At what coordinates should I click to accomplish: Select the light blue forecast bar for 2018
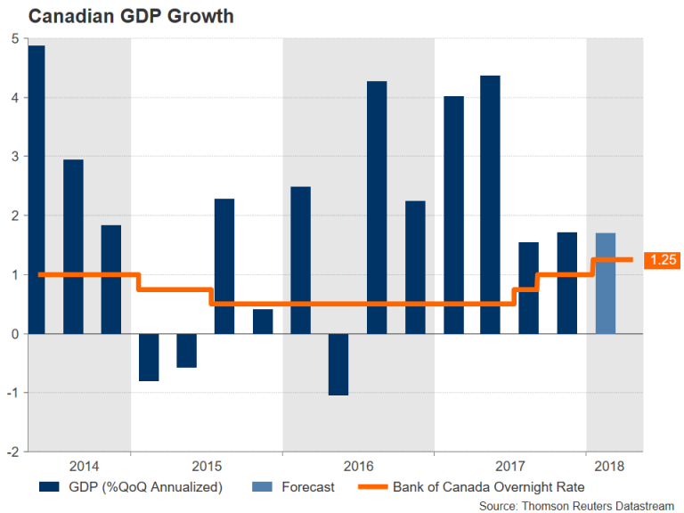tap(606, 282)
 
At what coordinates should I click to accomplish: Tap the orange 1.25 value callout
tap(662, 260)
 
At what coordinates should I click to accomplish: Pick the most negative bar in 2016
tap(338, 364)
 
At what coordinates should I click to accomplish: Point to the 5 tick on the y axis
tap(14, 39)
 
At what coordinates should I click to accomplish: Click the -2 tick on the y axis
tap(12, 452)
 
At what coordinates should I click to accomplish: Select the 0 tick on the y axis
tap(14, 334)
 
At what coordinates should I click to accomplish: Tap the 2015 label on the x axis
tap(206, 467)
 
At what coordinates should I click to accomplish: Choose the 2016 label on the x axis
tap(358, 467)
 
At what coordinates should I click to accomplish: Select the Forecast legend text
tap(308, 487)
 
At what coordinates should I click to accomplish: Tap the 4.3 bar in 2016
tap(377, 208)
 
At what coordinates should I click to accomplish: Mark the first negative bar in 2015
tap(149, 357)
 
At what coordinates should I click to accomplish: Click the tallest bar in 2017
tap(490, 205)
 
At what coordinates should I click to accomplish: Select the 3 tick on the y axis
tap(14, 157)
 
